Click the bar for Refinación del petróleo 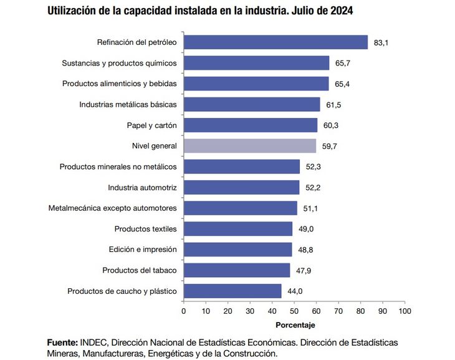pos(275,42)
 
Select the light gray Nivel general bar pos(250,145)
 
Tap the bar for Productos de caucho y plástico pos(232,291)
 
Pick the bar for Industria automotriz pos(242,187)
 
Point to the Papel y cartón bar pos(251,125)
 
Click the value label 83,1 pos(381,42)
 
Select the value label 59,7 pos(330,146)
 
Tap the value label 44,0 pos(295,291)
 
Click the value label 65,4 pos(342,84)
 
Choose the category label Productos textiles pos(145,229)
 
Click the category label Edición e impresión pos(143,250)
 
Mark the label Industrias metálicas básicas pos(128,104)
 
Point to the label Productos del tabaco pos(140,270)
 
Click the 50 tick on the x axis pos(294,310)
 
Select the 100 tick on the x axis pos(405,310)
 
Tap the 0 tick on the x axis pos(184,310)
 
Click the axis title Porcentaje pos(295,325)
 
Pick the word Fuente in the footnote pos(62,343)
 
